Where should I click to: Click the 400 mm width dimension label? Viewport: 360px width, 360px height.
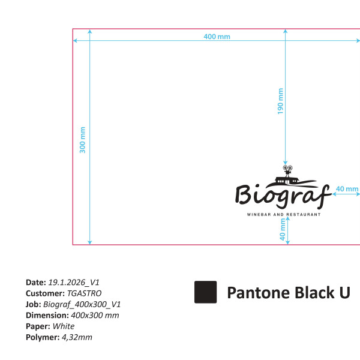pos(217,37)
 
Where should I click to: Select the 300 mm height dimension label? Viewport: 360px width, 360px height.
pos(83,140)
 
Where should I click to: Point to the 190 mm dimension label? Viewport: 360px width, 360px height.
pos(280,101)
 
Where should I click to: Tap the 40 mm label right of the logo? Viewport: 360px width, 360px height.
pos(347,189)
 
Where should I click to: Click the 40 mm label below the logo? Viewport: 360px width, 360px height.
pos(283,229)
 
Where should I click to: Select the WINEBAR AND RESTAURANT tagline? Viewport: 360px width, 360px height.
pos(284,214)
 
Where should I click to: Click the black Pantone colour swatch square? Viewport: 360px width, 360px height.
pos(205,292)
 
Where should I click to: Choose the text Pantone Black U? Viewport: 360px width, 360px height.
pos(288,293)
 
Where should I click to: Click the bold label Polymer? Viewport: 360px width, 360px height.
pos(43,337)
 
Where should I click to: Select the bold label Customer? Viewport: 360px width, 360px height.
pos(45,293)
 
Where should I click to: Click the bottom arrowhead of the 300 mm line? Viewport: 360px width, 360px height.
pos(90,242)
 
